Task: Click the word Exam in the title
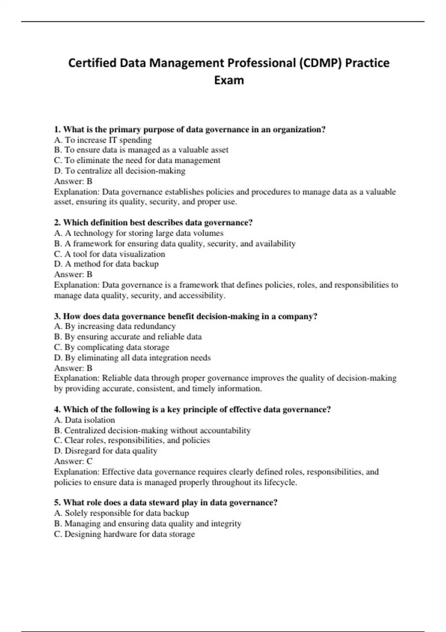tap(229, 80)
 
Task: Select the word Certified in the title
tap(92, 63)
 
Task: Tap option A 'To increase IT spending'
tap(103, 140)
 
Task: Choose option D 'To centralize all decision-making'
tap(120, 171)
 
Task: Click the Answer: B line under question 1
tap(73, 181)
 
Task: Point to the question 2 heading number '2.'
tap(57, 223)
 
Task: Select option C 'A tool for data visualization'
tap(110, 254)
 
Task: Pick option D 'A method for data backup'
tap(106, 264)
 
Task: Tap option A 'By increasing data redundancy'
tap(115, 326)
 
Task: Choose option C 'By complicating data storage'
tap(111, 347)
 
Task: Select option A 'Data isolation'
tap(84, 420)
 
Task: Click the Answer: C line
tap(73, 461)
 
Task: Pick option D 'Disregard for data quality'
tap(106, 451)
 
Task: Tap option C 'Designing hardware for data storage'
tap(125, 534)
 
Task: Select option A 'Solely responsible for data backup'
tap(122, 513)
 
